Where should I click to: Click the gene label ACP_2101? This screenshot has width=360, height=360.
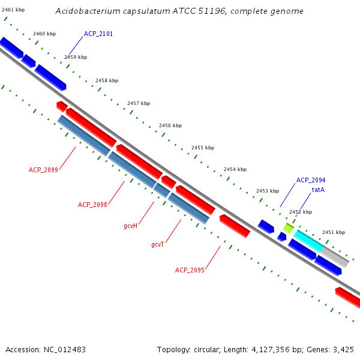98,34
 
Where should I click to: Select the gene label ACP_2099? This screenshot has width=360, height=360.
43,170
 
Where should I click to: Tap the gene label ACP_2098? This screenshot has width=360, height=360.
92,205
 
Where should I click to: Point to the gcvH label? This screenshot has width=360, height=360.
131,226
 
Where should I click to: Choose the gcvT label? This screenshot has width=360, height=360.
158,244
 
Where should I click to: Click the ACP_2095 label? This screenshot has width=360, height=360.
190,270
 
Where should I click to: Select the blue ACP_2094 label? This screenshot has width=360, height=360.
311,180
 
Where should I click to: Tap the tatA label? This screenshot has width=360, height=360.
318,190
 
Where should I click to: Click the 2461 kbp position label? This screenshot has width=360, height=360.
13,10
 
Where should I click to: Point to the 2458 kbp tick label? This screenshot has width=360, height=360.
107,80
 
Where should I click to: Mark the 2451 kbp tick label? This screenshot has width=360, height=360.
334,232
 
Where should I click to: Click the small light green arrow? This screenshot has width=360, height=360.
289,228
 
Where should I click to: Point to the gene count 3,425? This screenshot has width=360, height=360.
343,349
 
